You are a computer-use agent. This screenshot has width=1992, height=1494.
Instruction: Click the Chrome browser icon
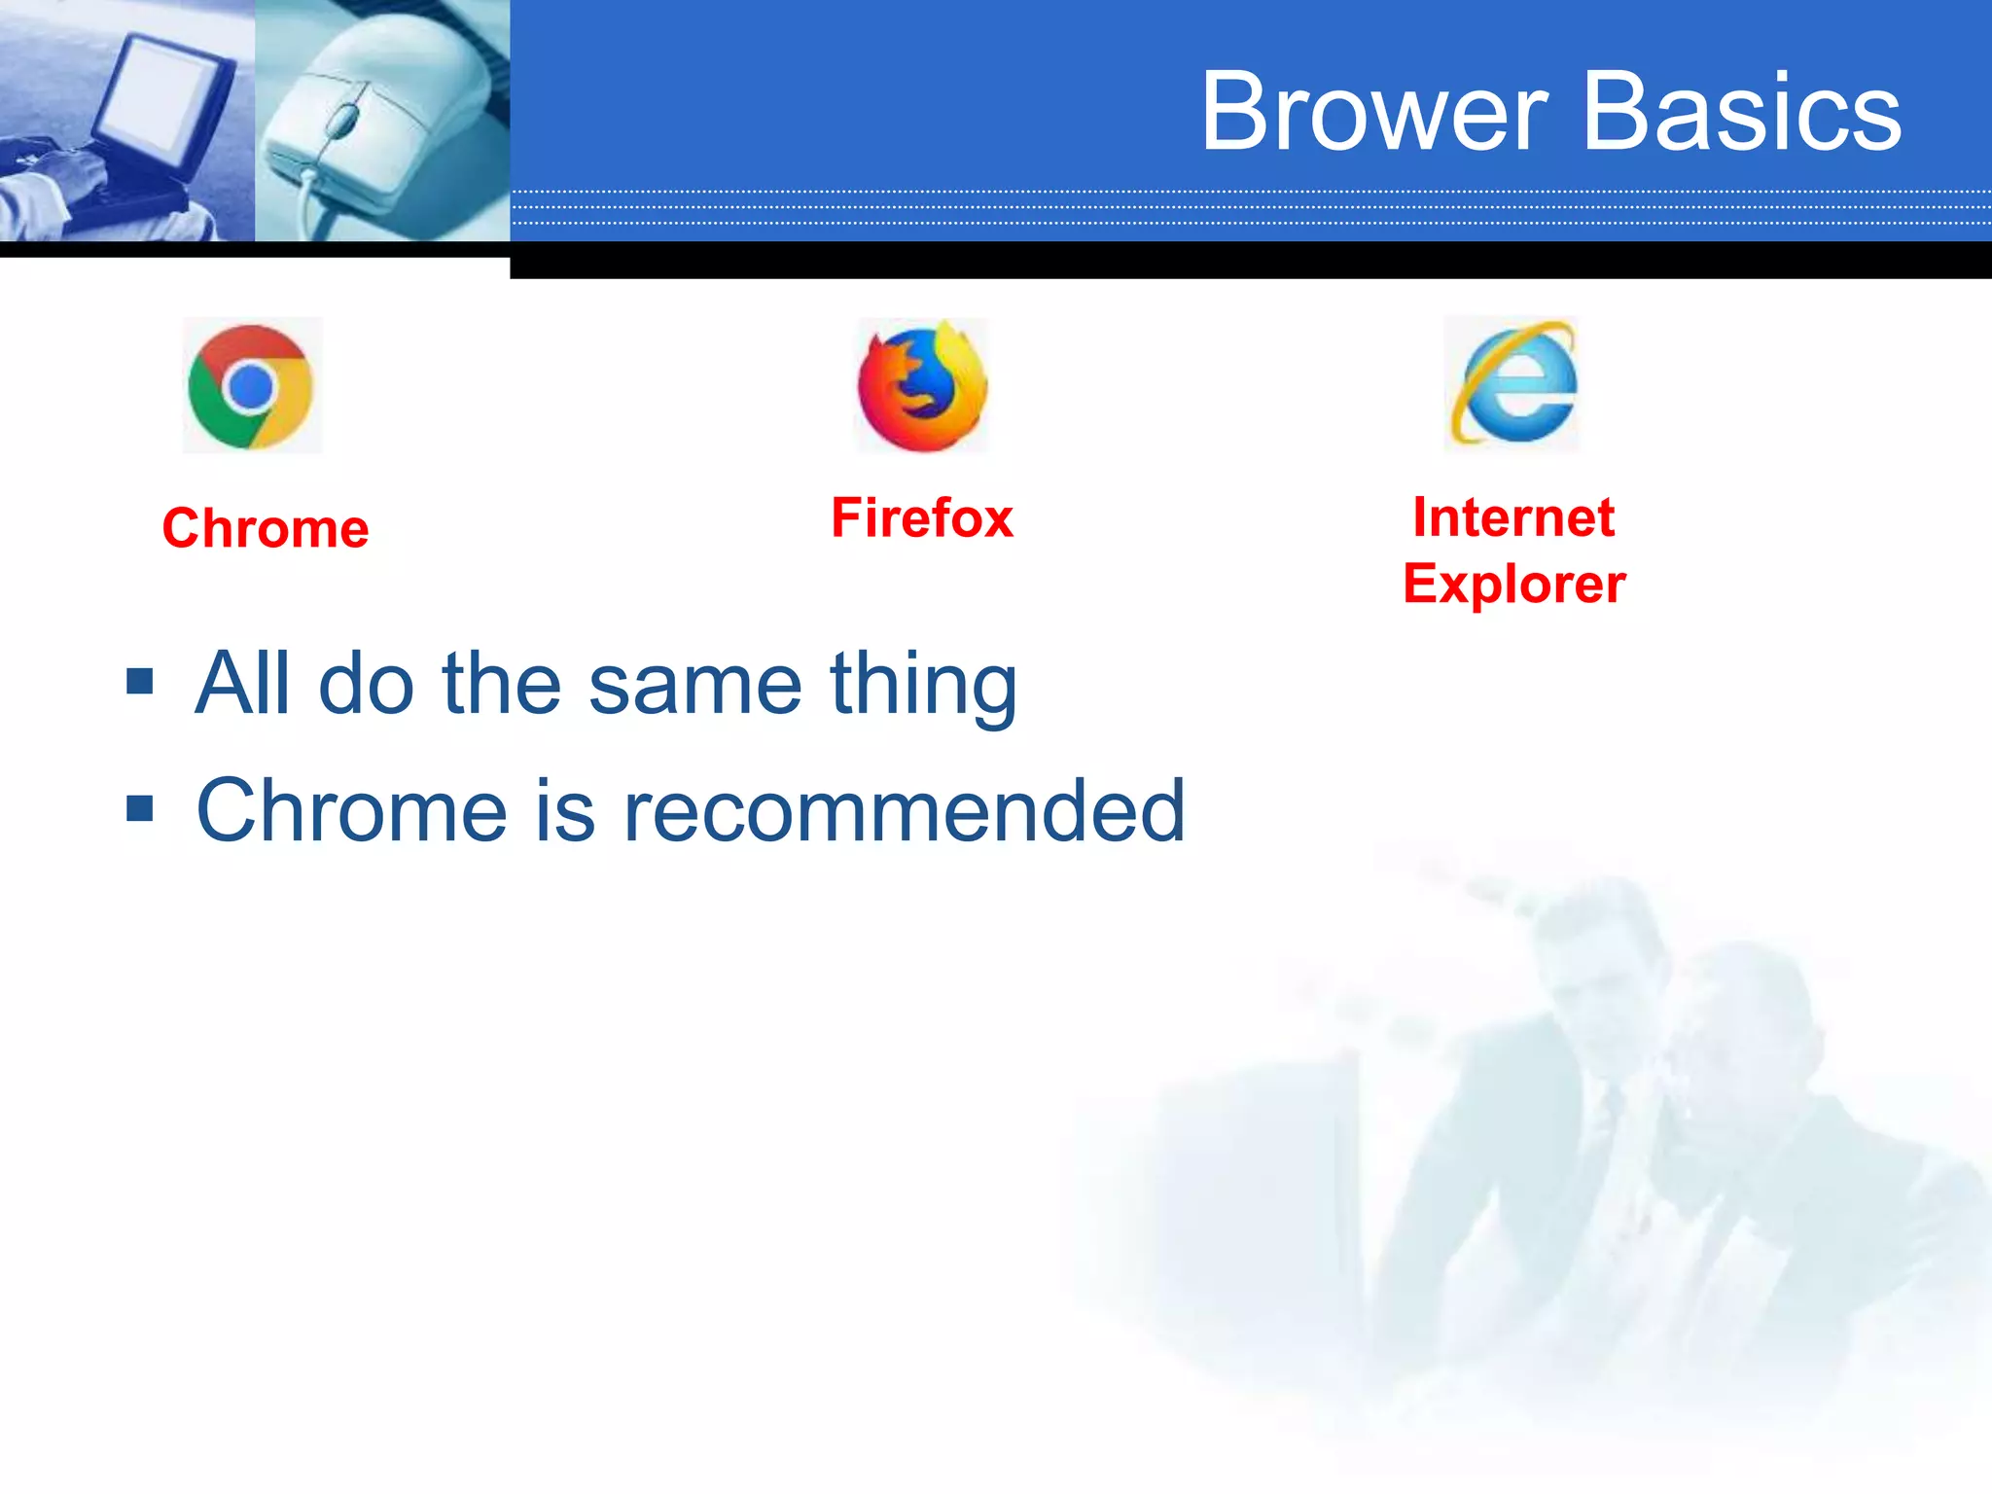click(x=252, y=386)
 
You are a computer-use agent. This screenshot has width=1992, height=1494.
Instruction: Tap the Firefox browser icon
click(x=922, y=387)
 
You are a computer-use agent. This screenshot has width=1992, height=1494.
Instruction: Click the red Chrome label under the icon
click(x=266, y=528)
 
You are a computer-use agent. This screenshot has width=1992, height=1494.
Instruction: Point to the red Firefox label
click(x=922, y=517)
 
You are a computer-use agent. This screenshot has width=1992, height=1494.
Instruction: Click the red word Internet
click(x=1513, y=517)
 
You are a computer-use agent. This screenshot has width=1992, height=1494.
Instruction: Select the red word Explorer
click(x=1513, y=584)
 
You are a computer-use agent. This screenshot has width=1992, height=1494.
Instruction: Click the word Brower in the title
click(x=1373, y=112)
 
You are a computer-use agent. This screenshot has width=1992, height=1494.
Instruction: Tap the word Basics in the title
click(x=1742, y=112)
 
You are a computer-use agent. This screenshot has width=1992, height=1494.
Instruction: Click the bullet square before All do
click(x=140, y=681)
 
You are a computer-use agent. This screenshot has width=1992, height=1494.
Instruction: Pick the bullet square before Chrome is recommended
click(x=140, y=808)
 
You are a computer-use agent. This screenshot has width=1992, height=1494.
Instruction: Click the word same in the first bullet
click(x=695, y=684)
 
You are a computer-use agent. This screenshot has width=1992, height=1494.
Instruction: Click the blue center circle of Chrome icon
click(x=251, y=387)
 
